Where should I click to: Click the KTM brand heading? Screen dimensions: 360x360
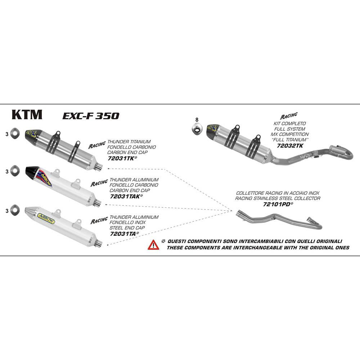click(x=27, y=114)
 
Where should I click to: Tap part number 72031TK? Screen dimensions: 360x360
click(x=122, y=158)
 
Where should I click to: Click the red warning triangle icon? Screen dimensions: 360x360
click(x=153, y=245)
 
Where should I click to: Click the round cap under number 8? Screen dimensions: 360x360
click(x=196, y=128)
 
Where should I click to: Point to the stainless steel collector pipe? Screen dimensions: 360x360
click(x=277, y=220)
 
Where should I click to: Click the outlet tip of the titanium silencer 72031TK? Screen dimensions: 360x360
click(x=99, y=167)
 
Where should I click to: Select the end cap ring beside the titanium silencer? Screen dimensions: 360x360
click(x=14, y=133)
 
